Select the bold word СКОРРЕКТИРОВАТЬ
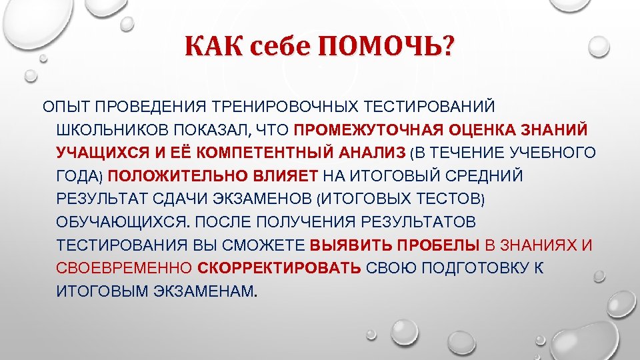[x=279, y=269]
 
